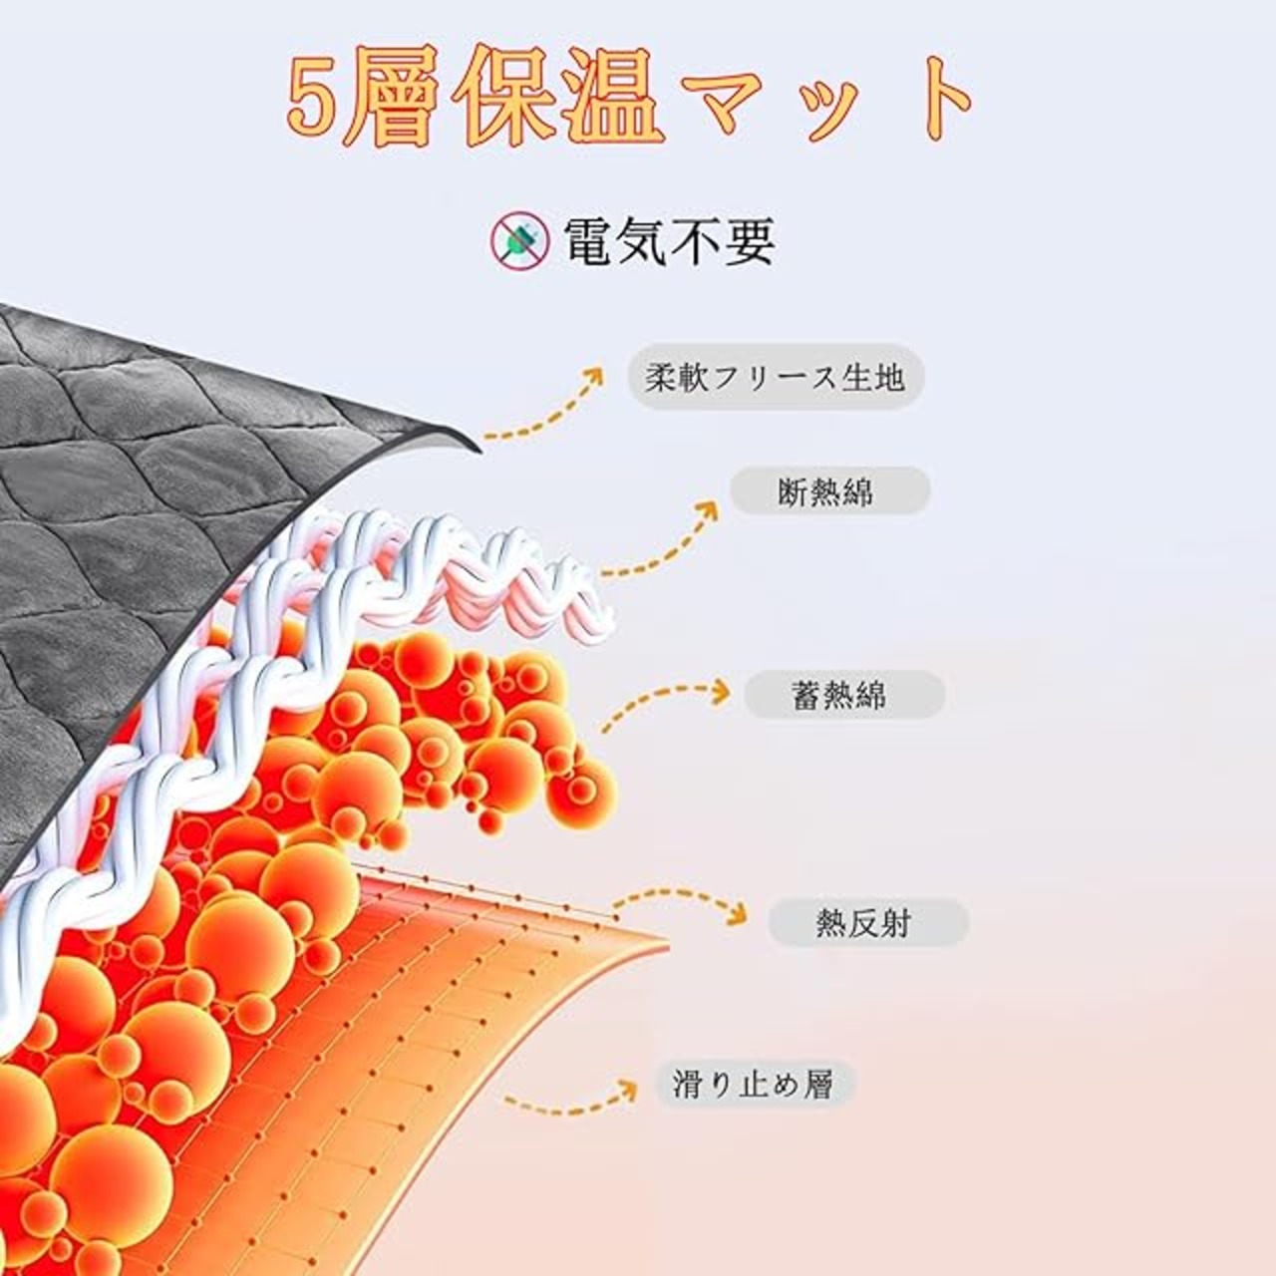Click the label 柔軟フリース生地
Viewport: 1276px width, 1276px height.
[x=776, y=377]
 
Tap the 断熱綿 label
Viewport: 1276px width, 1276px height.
[x=829, y=491]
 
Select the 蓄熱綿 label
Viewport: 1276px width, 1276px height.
[x=843, y=695]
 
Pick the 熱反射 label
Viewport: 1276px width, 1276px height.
[x=867, y=923]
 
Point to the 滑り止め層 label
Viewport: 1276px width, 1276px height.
[x=755, y=1084]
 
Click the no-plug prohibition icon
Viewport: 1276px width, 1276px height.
[x=519, y=240]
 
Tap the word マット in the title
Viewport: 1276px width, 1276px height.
[x=832, y=100]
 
